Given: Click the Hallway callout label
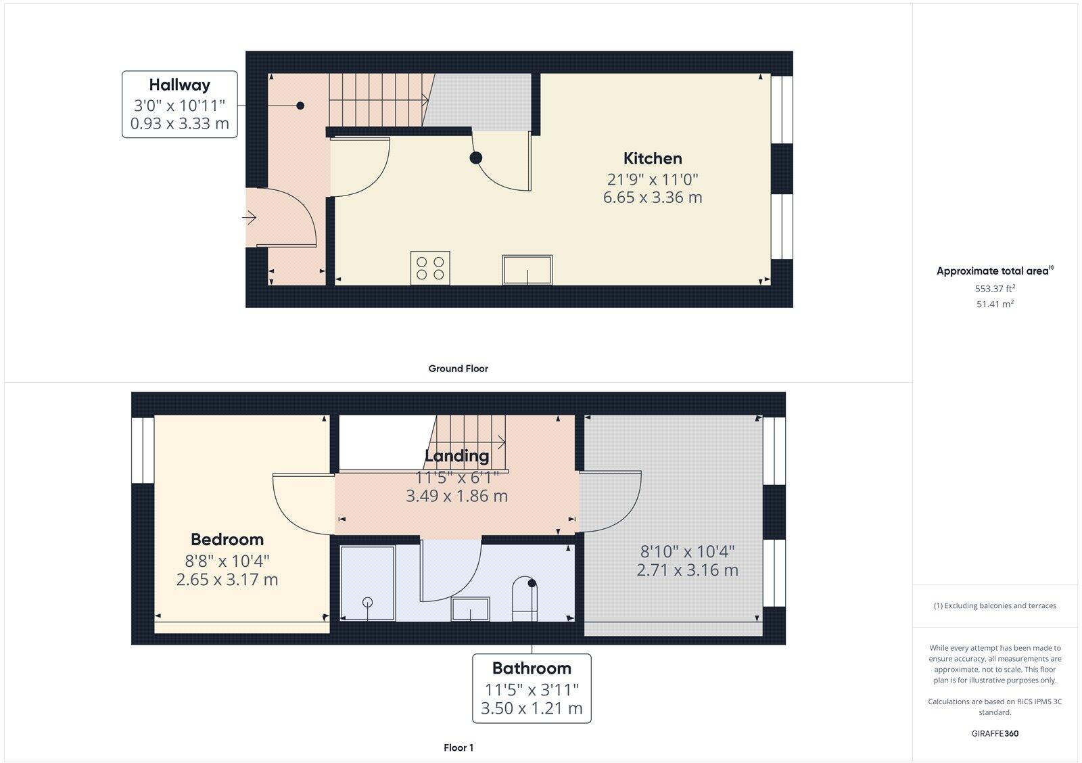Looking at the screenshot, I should pyautogui.click(x=179, y=85).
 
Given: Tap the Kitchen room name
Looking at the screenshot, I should pyautogui.click(x=653, y=158).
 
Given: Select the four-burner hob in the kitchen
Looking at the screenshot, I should pyautogui.click(x=430, y=268).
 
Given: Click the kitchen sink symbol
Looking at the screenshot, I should pyautogui.click(x=527, y=270).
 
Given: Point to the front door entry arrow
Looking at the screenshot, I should pyautogui.click(x=249, y=218).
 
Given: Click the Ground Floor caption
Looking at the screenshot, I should pyautogui.click(x=458, y=369).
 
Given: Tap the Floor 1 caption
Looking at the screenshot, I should pyautogui.click(x=458, y=747).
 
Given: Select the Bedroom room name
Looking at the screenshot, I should pyautogui.click(x=227, y=539).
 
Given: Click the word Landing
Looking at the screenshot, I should pyautogui.click(x=456, y=456).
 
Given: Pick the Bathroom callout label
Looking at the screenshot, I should pyautogui.click(x=532, y=668).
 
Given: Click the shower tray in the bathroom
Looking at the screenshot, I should pyautogui.click(x=367, y=582).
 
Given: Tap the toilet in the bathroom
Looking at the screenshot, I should pyautogui.click(x=525, y=599).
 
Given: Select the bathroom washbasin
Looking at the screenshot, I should pyautogui.click(x=471, y=609).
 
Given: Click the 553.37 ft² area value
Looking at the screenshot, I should pyautogui.click(x=995, y=289).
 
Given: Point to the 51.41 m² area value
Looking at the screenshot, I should pyautogui.click(x=995, y=304).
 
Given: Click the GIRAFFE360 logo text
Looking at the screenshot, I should pyautogui.click(x=995, y=733).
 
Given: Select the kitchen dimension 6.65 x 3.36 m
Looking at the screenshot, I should pyautogui.click(x=653, y=198).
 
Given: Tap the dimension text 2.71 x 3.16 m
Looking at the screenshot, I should pyautogui.click(x=687, y=570).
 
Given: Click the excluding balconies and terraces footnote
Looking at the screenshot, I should pyautogui.click(x=995, y=606).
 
